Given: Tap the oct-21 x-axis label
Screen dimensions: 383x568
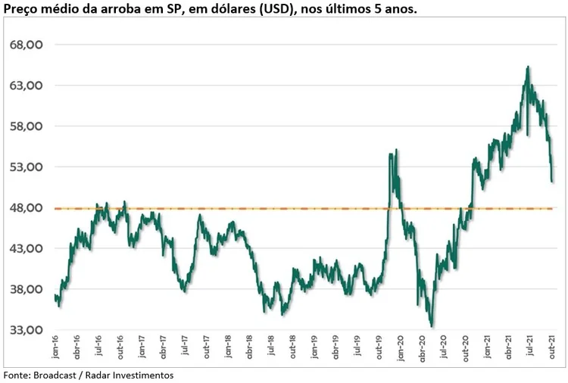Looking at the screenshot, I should point(551,349).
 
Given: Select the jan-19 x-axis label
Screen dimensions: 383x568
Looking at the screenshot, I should point(314,349).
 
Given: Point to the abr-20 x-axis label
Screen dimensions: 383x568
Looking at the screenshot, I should point(422,349).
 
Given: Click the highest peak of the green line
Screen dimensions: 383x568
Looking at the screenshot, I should point(527,67).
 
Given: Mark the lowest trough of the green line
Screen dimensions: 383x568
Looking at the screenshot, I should point(432,326).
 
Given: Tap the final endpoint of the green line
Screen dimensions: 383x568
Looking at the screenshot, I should point(553,182).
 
